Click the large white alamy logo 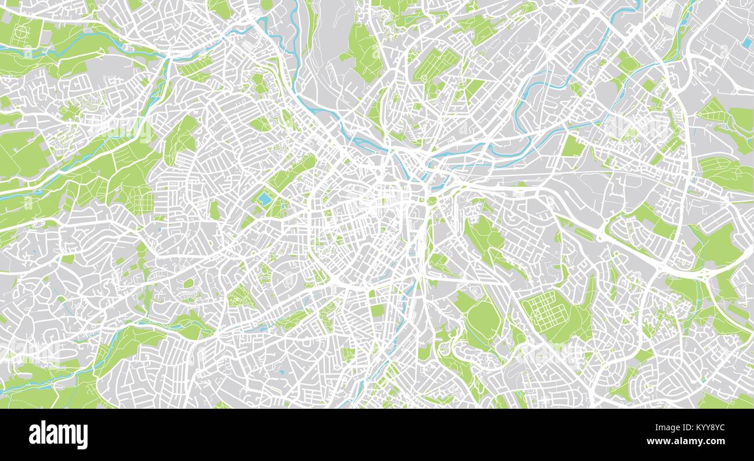click(59, 435)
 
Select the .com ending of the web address click(715, 441)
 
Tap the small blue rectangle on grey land click(745, 43)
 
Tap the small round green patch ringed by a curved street click(188, 283)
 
